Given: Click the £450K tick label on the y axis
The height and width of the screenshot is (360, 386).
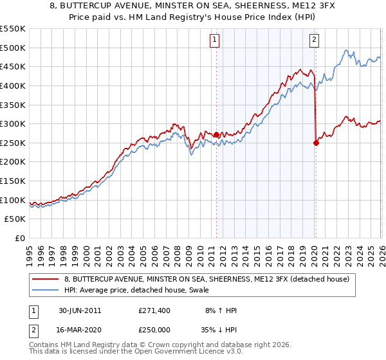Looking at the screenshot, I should click(x=13, y=67).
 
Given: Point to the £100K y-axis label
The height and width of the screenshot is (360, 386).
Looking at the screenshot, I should click(x=13, y=200).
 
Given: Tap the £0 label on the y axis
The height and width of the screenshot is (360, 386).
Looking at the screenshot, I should click(x=19, y=239).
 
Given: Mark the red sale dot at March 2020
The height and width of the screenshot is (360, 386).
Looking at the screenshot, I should click(x=316, y=143).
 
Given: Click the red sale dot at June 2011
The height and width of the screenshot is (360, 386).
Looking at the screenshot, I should click(x=216, y=135).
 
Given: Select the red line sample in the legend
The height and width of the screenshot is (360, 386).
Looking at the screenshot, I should click(x=45, y=278).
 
